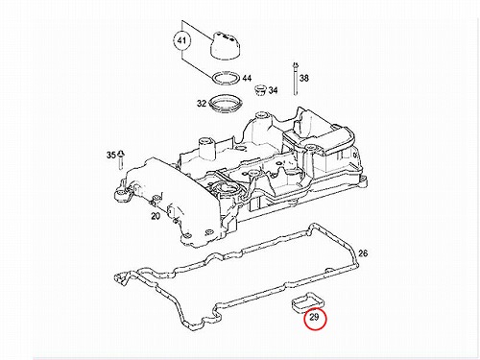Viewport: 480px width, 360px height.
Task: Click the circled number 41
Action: coord(181,41)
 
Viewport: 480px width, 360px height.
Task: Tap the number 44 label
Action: coord(247,78)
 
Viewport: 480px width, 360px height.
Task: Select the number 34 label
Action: coord(273,90)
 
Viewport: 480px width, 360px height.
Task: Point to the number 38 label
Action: coord(304,78)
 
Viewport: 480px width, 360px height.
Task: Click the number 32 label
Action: coord(202,104)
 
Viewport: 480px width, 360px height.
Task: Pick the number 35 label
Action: coord(111,156)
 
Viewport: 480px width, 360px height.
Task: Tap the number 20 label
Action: coord(156,216)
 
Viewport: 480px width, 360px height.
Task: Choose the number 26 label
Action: coord(363,253)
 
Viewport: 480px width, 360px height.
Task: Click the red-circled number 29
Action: coord(315,318)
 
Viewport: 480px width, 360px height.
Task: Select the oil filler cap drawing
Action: coord(226,46)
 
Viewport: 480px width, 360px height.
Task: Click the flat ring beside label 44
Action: coord(227,78)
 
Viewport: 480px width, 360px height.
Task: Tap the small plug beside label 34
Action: coord(259,90)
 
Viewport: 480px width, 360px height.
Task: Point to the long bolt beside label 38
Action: coord(295,79)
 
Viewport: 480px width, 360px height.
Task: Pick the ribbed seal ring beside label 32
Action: coord(224,104)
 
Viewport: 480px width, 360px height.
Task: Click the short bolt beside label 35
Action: coord(121,159)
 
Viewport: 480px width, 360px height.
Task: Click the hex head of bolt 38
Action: coord(295,64)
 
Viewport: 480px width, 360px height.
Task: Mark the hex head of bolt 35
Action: coord(121,153)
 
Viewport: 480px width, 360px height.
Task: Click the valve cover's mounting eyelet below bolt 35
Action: coord(122,194)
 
